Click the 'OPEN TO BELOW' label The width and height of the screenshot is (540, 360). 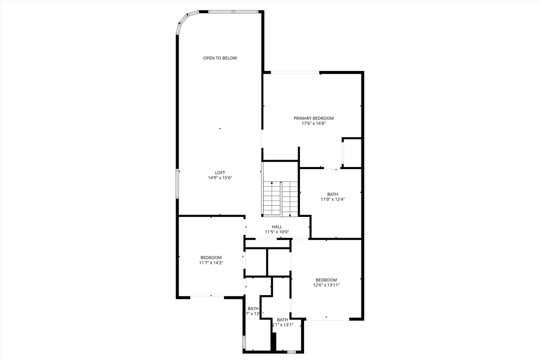pos(220,58)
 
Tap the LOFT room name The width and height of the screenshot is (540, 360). pos(220,172)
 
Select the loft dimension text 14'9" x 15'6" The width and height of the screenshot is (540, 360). pos(220,178)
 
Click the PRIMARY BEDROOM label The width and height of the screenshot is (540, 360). pos(313,118)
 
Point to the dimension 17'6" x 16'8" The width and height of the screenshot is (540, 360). pos(313,124)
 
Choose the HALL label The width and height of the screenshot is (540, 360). pos(277,226)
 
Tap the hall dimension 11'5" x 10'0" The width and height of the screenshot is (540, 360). pos(277,232)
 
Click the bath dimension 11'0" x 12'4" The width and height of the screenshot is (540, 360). pos(332,199)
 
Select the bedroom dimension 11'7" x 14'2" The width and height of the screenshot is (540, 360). pos(210,263)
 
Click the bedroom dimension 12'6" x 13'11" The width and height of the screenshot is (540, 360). pos(326,285)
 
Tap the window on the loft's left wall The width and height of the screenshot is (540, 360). pos(177,183)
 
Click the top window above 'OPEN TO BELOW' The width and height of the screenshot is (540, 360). pos(233,11)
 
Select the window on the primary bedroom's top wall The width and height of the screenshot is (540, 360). pos(295,73)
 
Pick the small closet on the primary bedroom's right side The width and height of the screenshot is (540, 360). pos(351,152)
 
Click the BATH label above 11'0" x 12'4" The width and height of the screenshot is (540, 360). pos(332,194)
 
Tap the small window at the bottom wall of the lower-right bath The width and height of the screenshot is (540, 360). pos(289,352)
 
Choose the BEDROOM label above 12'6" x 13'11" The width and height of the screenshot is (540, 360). pos(326,280)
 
